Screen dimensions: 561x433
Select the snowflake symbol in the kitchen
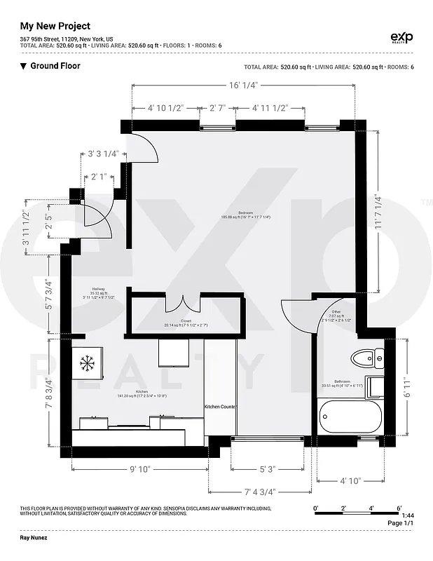pos(88,363)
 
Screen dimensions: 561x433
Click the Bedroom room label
pos(245,215)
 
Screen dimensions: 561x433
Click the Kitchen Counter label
pos(219,407)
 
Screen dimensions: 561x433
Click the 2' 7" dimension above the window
pos(217,108)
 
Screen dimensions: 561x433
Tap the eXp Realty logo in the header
pos(401,38)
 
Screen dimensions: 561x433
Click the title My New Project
pos(55,25)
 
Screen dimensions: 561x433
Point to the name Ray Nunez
pos(39,537)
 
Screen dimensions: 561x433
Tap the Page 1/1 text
pos(401,523)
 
